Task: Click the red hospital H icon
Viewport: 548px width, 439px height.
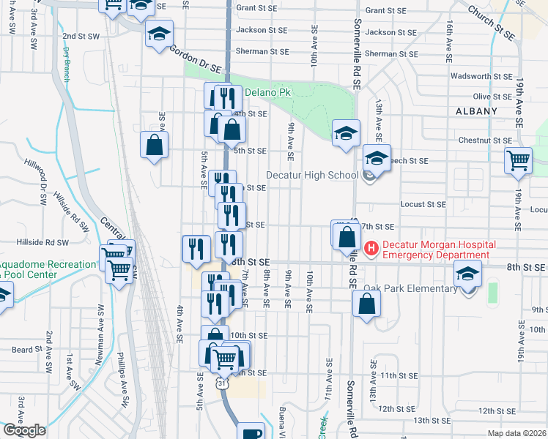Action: pyautogui.click(x=371, y=249)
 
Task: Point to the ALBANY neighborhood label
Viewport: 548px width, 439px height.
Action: pyautogui.click(x=475, y=111)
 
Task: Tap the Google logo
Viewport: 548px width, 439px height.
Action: pyautogui.click(x=24, y=430)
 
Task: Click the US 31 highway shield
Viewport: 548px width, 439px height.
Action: pyautogui.click(x=221, y=381)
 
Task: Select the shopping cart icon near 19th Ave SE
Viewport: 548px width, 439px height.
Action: pyautogui.click(x=518, y=160)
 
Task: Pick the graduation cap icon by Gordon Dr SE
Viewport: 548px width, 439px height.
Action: pyautogui.click(x=158, y=34)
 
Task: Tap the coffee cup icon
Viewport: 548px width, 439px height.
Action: pyautogui.click(x=251, y=432)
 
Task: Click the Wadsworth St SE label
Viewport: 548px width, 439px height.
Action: pyautogui.click(x=481, y=75)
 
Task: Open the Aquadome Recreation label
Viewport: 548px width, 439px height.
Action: pyautogui.click(x=48, y=264)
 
